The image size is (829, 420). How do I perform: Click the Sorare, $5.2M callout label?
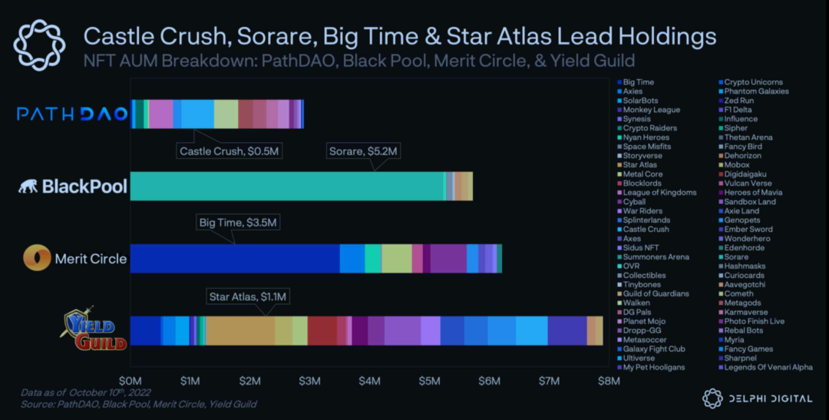tap(363, 151)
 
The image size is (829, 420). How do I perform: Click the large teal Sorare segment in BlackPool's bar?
tap(288, 187)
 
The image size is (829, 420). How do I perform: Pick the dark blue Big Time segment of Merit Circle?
tap(235, 259)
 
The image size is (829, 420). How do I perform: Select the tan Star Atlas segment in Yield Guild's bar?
tap(240, 331)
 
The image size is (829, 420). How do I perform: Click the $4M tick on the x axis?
tap(370, 381)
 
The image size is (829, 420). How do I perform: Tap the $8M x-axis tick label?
tap(609, 381)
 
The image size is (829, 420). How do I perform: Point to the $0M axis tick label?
tap(130, 381)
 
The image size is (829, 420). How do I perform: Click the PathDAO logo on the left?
tap(72, 114)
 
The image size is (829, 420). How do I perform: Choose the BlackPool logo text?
tap(73, 187)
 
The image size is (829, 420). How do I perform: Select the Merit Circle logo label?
tap(75, 259)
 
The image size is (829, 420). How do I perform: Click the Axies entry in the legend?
tap(632, 91)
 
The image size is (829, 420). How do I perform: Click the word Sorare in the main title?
tap(278, 36)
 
